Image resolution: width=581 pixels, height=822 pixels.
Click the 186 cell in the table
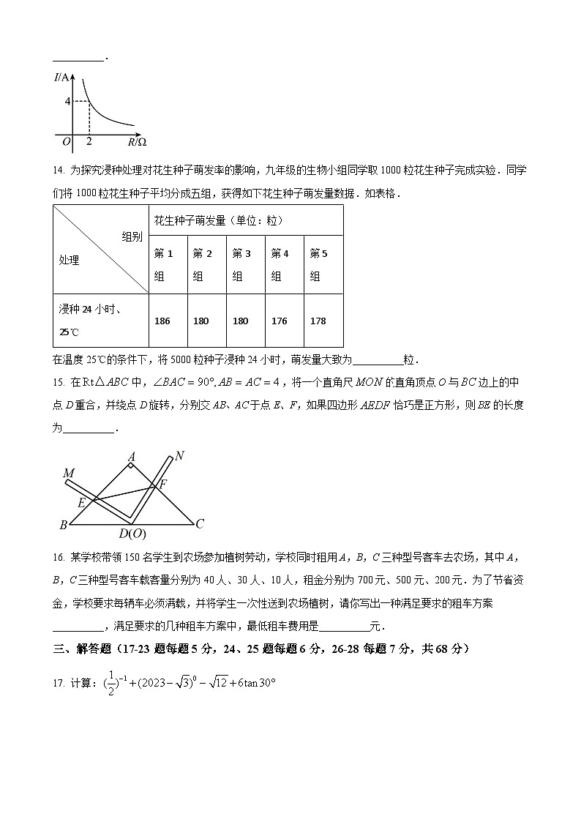click(162, 321)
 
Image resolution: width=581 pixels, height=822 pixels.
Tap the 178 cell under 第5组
click(318, 321)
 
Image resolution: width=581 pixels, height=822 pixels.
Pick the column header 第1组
click(164, 265)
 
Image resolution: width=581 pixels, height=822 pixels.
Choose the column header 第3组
click(241, 265)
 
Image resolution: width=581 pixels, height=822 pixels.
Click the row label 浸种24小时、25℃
click(90, 321)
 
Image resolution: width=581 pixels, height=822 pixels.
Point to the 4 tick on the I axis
click(67, 101)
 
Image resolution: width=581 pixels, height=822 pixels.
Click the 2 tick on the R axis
click(89, 141)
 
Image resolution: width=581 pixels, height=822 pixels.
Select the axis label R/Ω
click(137, 141)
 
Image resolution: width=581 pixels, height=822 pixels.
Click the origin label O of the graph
click(66, 141)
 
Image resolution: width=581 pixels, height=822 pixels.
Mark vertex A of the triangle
click(131, 456)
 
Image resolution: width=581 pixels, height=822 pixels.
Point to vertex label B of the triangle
click(63, 525)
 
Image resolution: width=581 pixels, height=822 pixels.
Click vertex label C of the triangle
click(199, 523)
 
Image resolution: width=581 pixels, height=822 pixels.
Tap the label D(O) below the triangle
click(132, 534)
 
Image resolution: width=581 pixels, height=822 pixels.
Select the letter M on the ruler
click(69, 474)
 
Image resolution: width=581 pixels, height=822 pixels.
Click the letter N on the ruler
click(179, 455)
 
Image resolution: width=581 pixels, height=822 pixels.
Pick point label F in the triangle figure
click(162, 483)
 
